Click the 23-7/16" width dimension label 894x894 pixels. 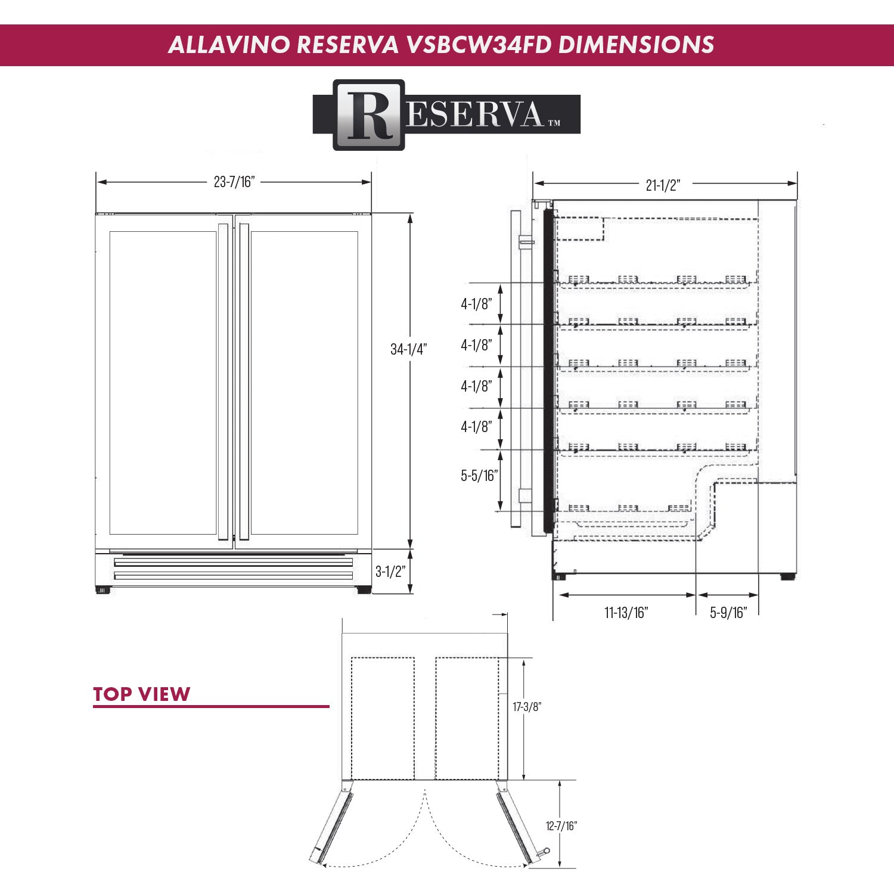tap(234, 182)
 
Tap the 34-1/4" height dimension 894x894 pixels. tap(408, 349)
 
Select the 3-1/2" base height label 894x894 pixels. tap(390, 572)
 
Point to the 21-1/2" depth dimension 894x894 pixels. tap(663, 185)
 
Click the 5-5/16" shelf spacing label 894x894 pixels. tap(479, 476)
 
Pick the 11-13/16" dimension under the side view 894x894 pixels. tap(626, 613)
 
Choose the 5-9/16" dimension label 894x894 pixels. tap(728, 613)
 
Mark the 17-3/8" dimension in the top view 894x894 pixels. tap(527, 707)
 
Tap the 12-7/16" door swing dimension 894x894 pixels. tap(561, 826)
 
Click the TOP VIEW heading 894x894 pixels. tap(141, 694)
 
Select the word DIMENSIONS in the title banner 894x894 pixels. tap(636, 45)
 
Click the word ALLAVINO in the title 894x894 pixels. tap(228, 45)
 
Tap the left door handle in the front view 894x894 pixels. tap(223, 381)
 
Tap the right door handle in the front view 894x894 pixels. tap(244, 381)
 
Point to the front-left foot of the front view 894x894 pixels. tap(103, 591)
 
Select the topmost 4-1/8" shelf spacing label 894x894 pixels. tap(476, 304)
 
